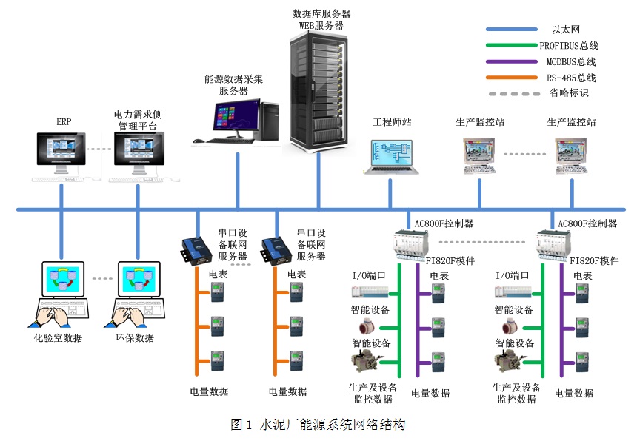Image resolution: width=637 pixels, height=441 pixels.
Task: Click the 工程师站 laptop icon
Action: click(x=390, y=156)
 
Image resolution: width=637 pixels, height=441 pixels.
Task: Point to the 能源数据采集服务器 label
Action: click(x=233, y=84)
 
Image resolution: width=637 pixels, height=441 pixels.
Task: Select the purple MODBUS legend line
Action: click(x=511, y=61)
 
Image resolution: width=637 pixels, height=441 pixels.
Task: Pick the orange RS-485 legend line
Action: click(x=511, y=78)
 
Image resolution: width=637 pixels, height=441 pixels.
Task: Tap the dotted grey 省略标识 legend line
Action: click(x=511, y=94)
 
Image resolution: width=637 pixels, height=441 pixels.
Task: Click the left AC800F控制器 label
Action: click(x=444, y=223)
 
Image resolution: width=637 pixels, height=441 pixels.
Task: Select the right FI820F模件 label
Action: click(x=594, y=260)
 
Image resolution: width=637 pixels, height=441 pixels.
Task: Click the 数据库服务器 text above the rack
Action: click(x=321, y=13)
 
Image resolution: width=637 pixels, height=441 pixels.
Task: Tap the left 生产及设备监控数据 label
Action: click(x=373, y=393)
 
